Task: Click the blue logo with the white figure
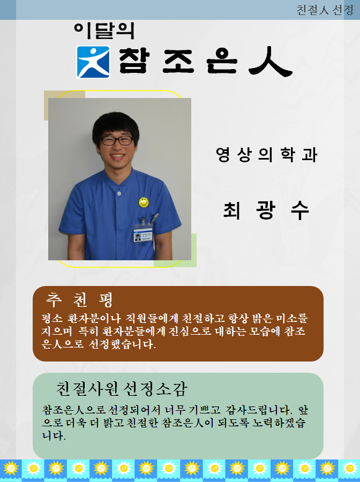coord(93,62)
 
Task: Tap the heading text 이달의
coord(104,31)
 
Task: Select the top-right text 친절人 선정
coord(325,10)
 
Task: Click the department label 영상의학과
coord(266,154)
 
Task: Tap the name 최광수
coord(266,210)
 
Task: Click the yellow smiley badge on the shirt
coord(144,202)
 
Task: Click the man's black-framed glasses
coord(117,140)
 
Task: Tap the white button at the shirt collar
coord(119,193)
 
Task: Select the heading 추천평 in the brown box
coord(80,299)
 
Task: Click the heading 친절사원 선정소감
coord(122,389)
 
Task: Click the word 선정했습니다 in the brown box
coord(122,344)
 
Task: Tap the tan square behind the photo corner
coord(64,105)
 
